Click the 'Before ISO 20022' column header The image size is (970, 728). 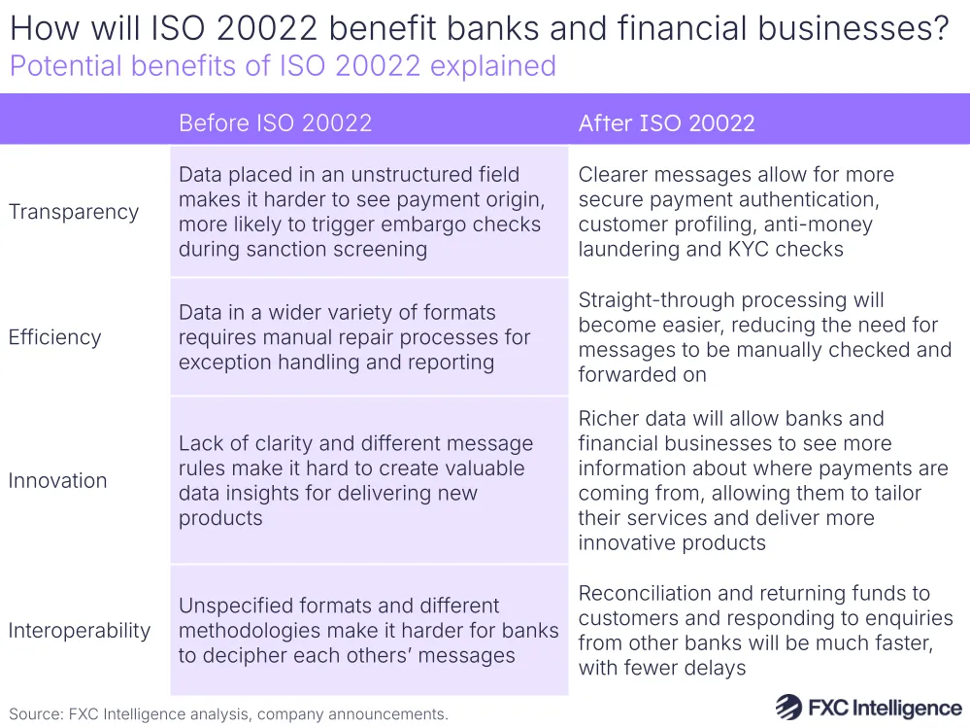coord(275,122)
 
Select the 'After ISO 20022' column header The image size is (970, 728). coord(666,122)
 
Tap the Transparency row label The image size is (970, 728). coord(74,212)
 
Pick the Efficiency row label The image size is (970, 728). coord(54,337)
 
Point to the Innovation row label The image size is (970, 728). coord(57,480)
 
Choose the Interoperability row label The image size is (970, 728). coord(80,631)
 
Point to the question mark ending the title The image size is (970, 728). coord(938,28)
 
